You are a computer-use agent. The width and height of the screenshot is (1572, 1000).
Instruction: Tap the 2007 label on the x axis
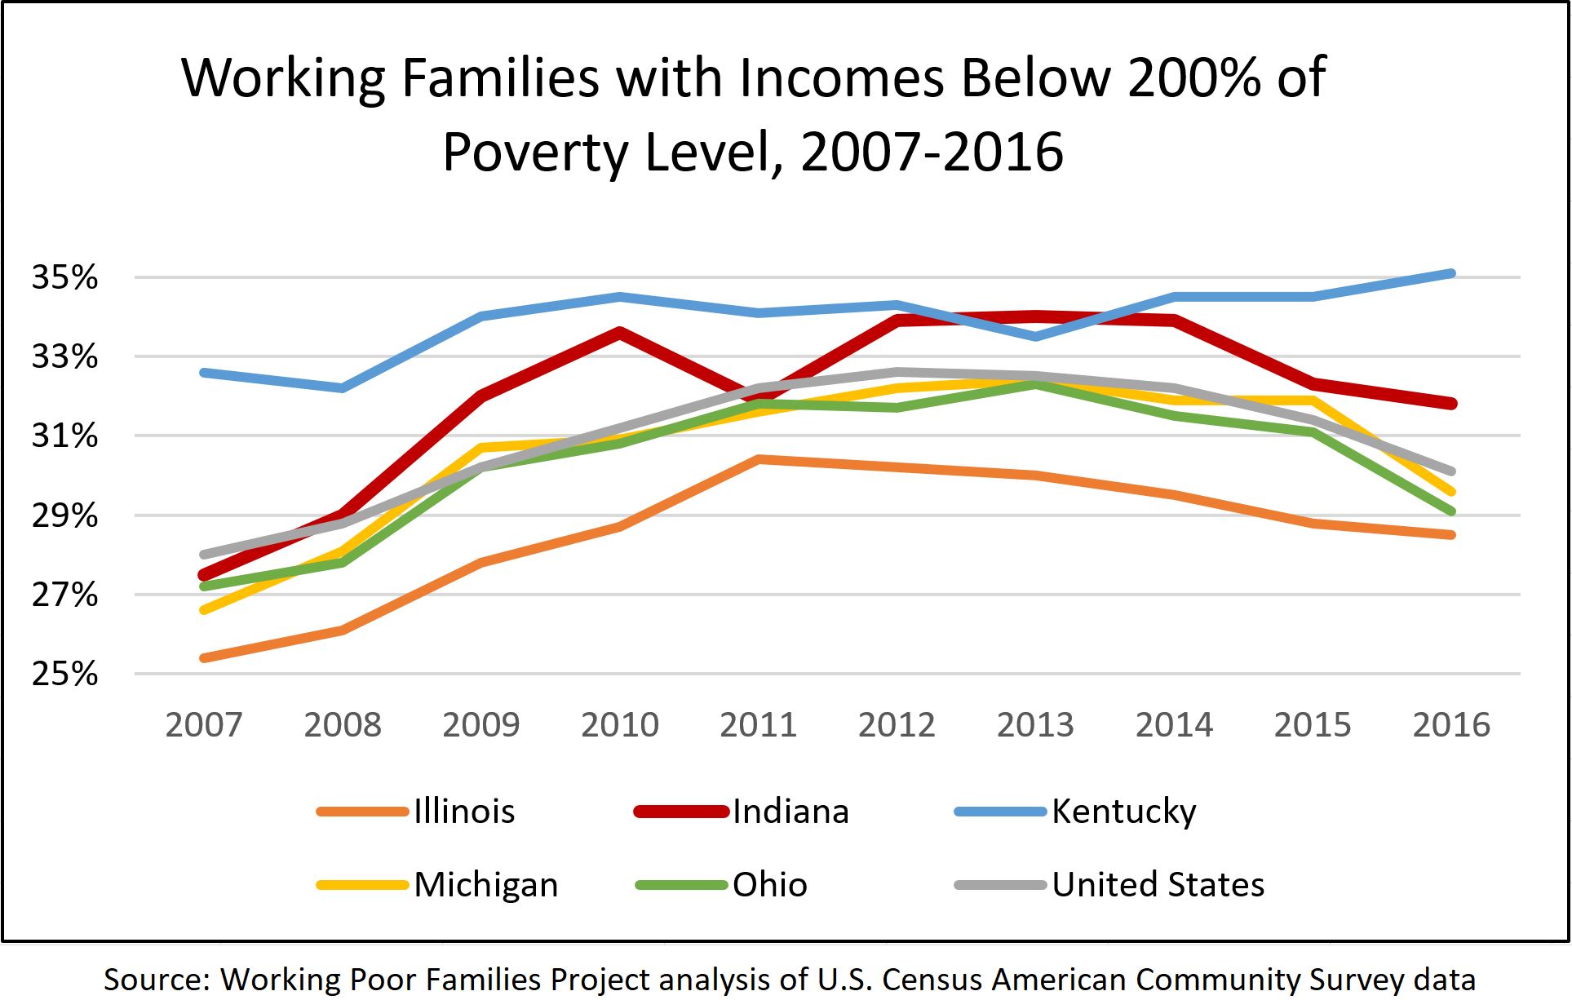[x=204, y=724]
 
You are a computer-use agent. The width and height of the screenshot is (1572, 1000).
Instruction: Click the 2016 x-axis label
[x=1451, y=724]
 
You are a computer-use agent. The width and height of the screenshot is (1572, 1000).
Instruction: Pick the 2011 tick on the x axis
[x=758, y=724]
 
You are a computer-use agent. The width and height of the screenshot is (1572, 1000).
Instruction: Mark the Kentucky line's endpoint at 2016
[x=1451, y=273]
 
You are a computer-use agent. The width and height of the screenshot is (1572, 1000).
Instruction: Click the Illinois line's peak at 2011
[x=758, y=459]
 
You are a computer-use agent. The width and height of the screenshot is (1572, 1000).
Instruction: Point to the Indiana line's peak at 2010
[x=620, y=332]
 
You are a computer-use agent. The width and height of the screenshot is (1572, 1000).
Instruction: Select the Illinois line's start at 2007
[x=204, y=657]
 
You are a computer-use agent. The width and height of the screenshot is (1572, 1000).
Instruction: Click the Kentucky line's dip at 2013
[x=1035, y=336]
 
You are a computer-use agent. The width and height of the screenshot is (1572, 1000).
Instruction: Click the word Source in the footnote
[x=156, y=979]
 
